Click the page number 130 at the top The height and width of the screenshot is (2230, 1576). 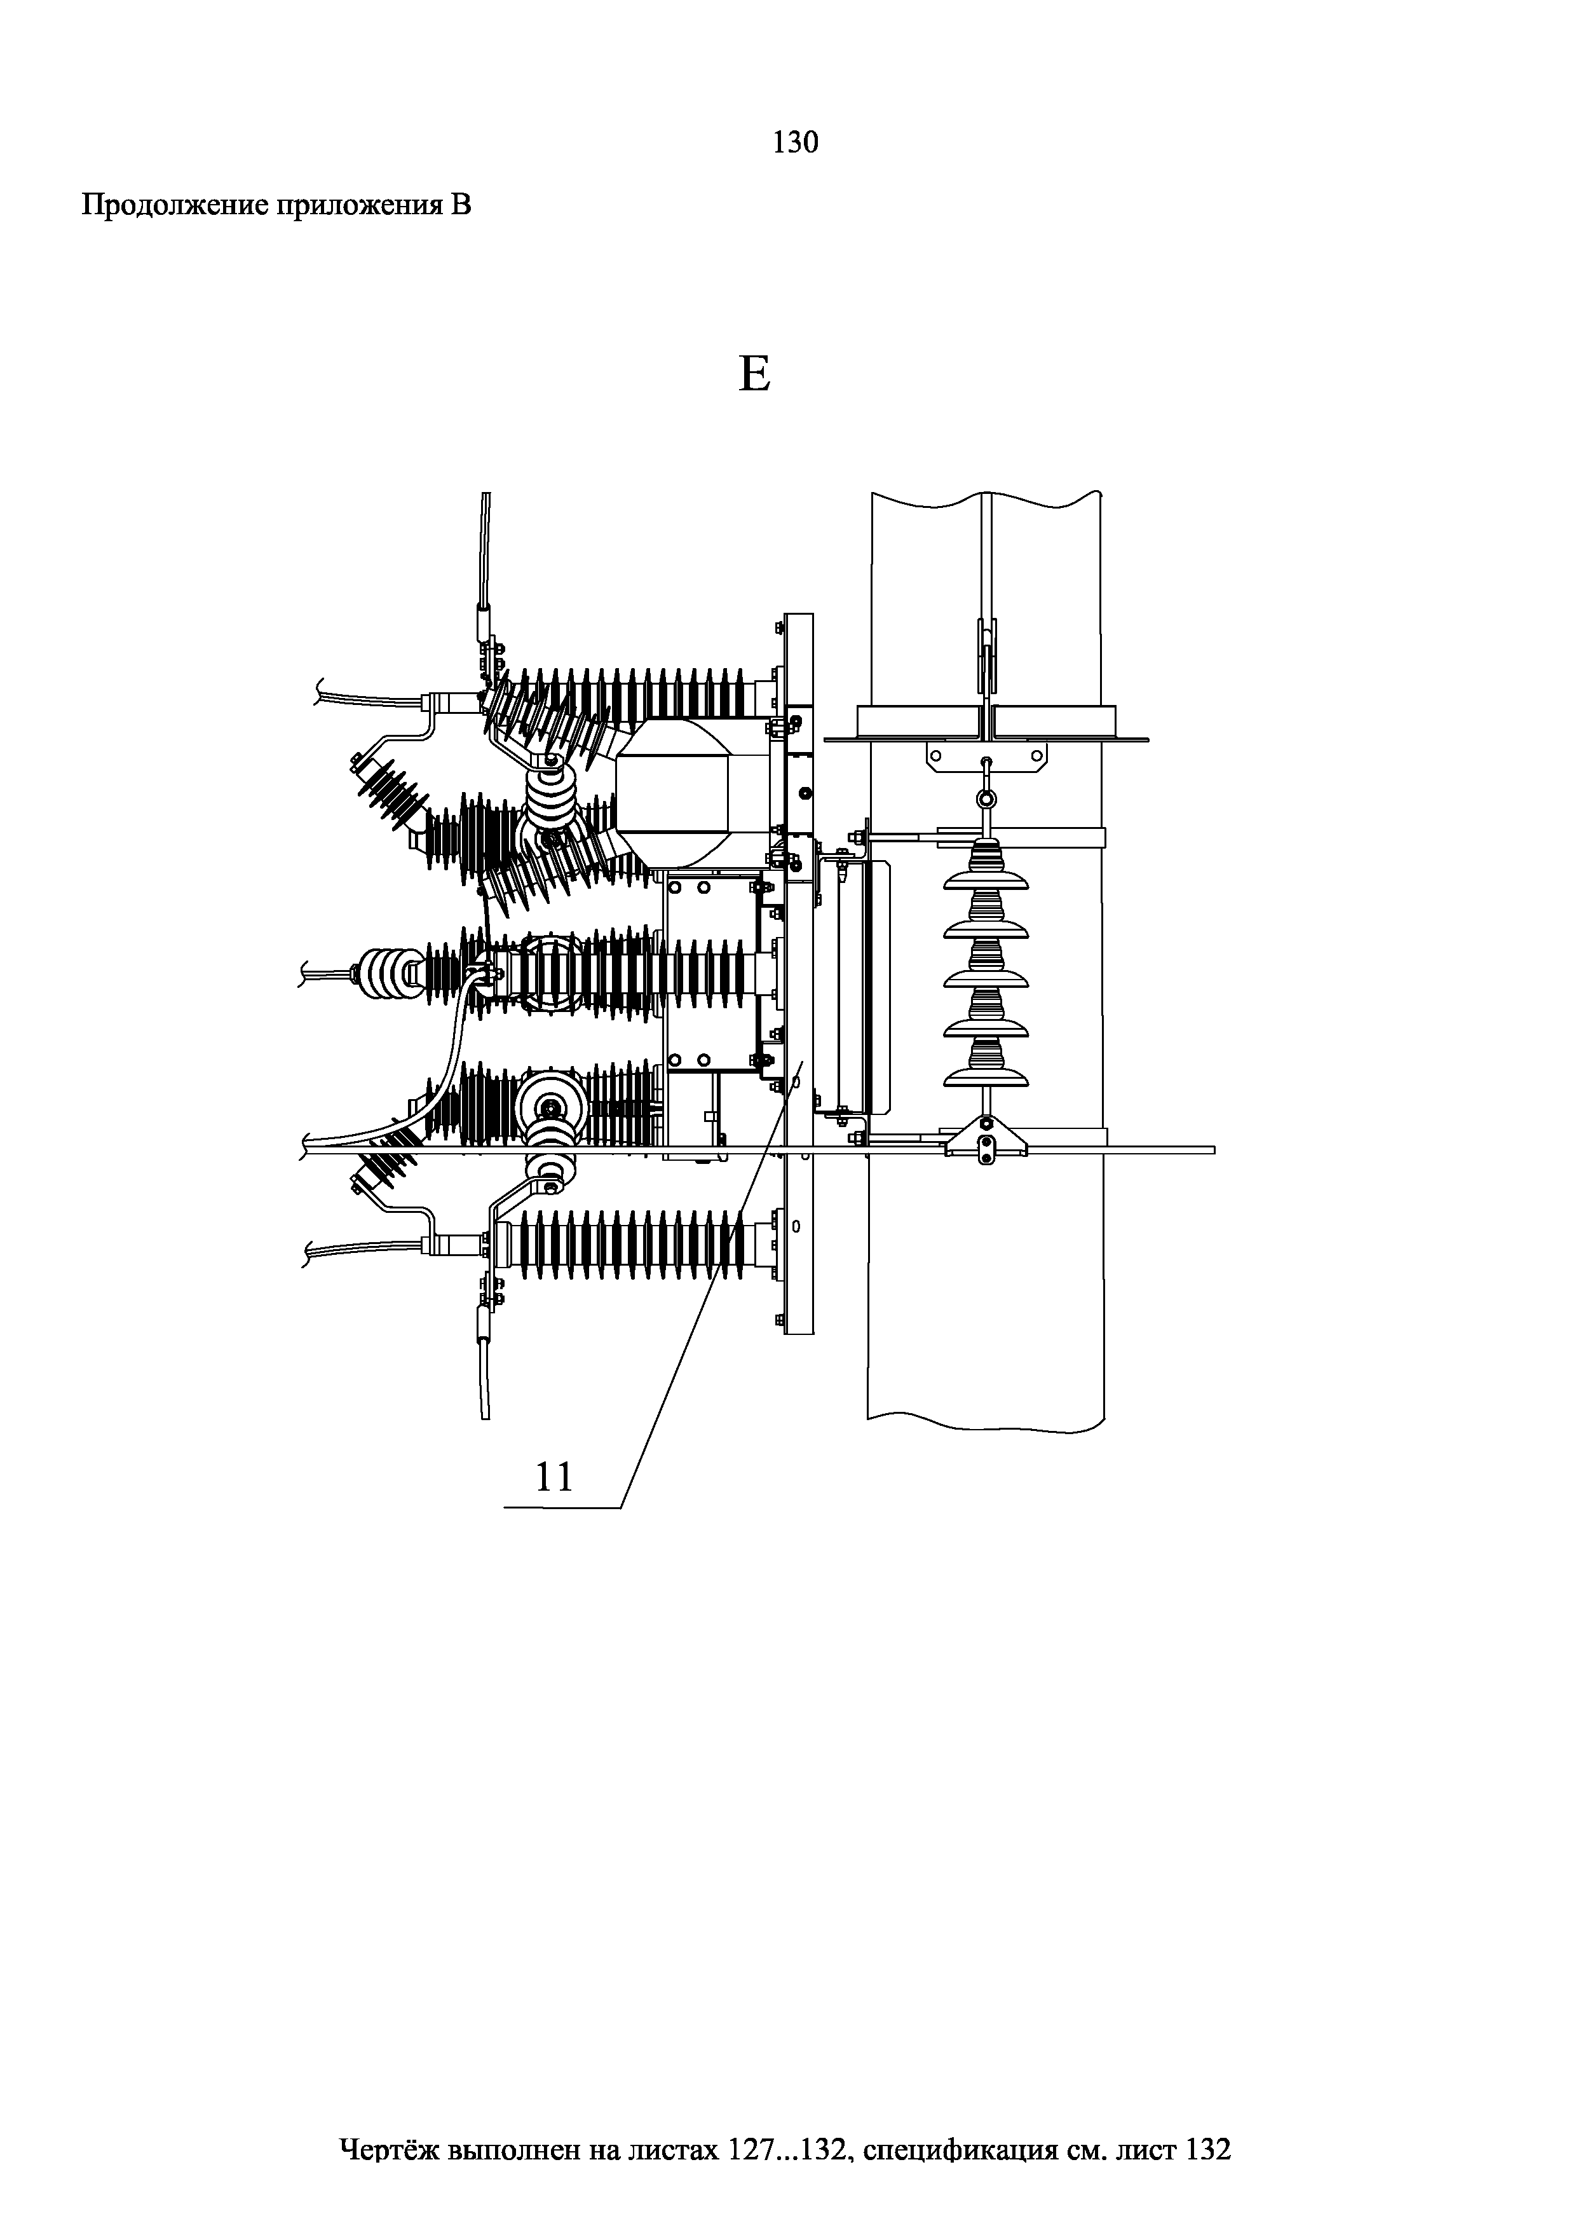pyautogui.click(x=795, y=143)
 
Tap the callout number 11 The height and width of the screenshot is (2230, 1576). pyautogui.click(x=555, y=1477)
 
